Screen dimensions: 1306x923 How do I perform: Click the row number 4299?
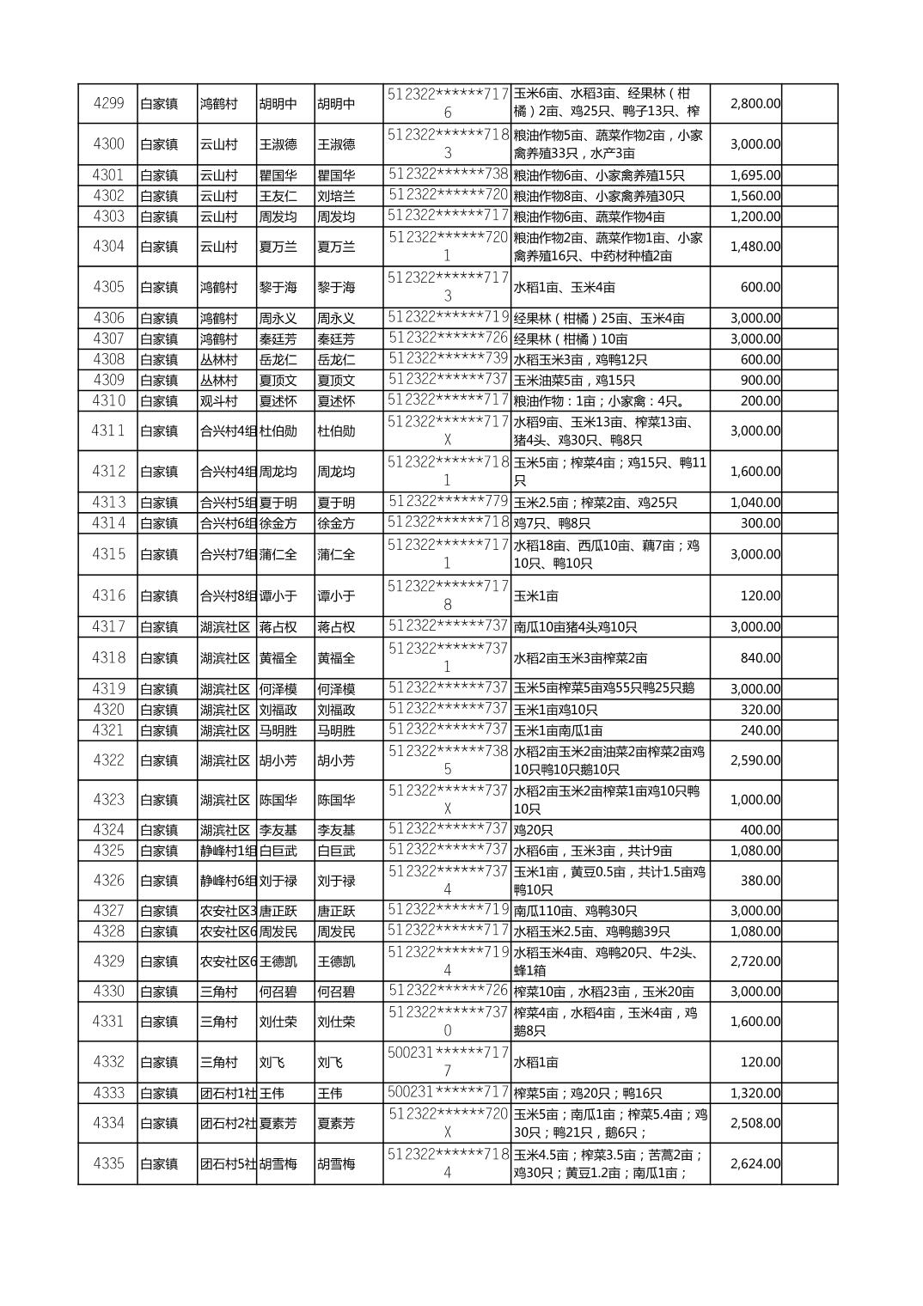click(108, 103)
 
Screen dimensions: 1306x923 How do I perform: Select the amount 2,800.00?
click(755, 103)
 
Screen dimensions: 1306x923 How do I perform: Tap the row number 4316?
click(108, 595)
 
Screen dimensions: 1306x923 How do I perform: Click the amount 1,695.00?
click(755, 175)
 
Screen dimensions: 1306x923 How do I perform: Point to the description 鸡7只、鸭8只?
click(552, 523)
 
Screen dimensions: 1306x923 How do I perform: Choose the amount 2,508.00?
click(755, 1123)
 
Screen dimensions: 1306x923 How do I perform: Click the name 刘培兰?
click(336, 196)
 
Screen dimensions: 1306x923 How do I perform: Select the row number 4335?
click(108, 1163)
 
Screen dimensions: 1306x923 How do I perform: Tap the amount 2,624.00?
click(755, 1163)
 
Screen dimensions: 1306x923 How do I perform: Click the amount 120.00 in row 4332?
click(760, 1062)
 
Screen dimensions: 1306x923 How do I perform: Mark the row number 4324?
click(108, 829)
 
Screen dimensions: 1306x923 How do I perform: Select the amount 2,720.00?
click(755, 961)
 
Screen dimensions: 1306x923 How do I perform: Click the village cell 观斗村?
click(218, 401)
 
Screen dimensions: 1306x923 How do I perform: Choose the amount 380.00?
click(760, 880)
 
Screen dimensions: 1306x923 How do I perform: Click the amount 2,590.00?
click(755, 760)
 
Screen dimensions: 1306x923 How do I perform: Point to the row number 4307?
click(108, 339)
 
